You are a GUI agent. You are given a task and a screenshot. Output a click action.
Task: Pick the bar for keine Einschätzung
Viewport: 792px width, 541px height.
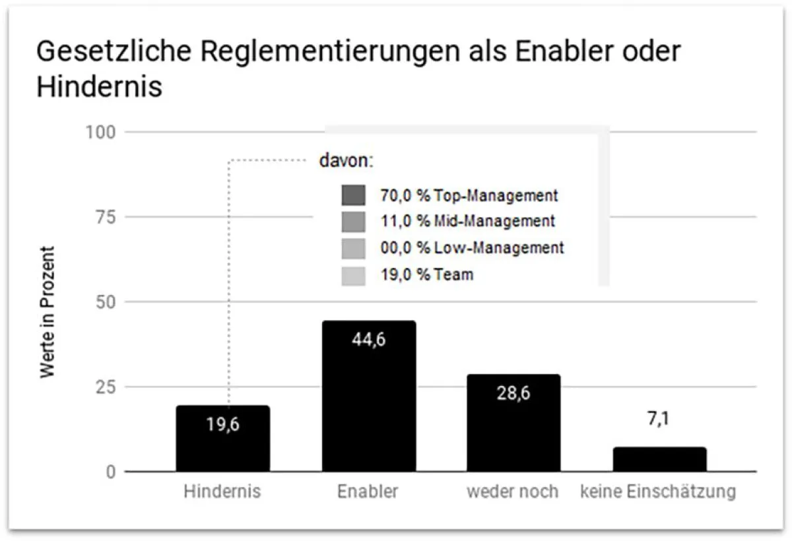659,459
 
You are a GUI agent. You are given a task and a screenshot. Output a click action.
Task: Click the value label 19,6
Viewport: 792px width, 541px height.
222,424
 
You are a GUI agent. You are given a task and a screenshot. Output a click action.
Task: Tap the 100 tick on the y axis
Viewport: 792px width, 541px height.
100,132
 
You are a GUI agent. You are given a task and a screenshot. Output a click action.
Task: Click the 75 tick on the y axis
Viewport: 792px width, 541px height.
104,217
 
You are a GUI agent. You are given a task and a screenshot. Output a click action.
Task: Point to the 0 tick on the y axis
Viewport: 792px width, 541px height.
111,472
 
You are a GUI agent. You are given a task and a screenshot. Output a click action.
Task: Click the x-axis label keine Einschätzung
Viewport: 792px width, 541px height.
658,492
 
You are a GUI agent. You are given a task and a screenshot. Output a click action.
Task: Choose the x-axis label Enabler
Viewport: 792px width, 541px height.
368,492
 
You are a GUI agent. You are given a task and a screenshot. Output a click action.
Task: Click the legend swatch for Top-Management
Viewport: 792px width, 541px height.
354,196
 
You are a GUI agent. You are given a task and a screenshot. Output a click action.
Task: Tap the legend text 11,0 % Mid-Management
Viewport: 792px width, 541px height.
468,222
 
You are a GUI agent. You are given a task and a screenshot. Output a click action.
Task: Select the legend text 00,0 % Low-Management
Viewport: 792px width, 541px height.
473,248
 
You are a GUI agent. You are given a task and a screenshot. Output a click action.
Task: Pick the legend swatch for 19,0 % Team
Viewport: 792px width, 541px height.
354,275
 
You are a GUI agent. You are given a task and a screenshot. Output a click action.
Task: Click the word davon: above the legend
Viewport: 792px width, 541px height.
346,161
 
